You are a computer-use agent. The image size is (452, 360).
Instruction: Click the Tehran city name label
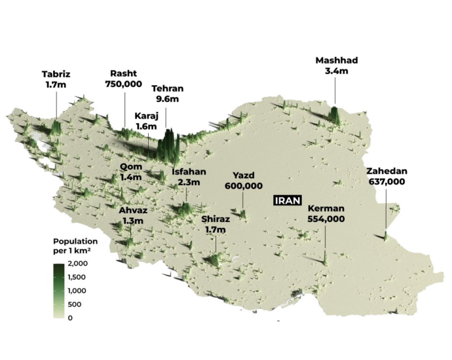point(168,89)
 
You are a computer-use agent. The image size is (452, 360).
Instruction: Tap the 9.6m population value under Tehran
point(168,100)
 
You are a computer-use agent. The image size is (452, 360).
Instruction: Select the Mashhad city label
point(337,60)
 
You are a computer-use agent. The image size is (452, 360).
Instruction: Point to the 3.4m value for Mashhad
point(337,71)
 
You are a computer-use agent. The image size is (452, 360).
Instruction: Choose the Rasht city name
point(124,73)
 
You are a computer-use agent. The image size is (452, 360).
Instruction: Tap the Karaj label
point(147,115)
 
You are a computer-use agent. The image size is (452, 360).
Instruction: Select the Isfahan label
point(189,172)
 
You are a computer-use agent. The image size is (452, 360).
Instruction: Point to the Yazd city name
point(243,175)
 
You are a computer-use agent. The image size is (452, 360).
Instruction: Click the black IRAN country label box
point(287,201)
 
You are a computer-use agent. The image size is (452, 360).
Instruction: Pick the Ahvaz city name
point(132,210)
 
